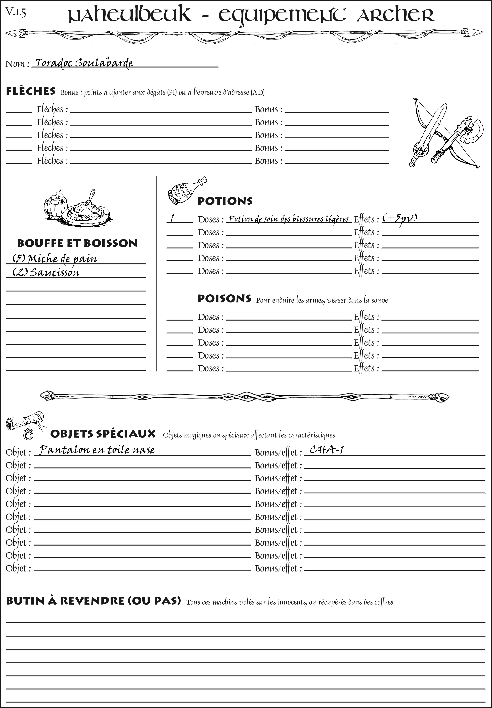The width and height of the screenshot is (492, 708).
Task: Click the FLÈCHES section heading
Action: tap(31, 91)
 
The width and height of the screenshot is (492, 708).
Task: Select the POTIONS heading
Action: tap(225, 201)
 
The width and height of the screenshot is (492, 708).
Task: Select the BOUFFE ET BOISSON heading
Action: tap(77, 243)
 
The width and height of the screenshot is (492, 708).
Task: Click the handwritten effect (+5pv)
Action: tap(400, 218)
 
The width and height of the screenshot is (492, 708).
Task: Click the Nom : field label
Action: tap(17, 64)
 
